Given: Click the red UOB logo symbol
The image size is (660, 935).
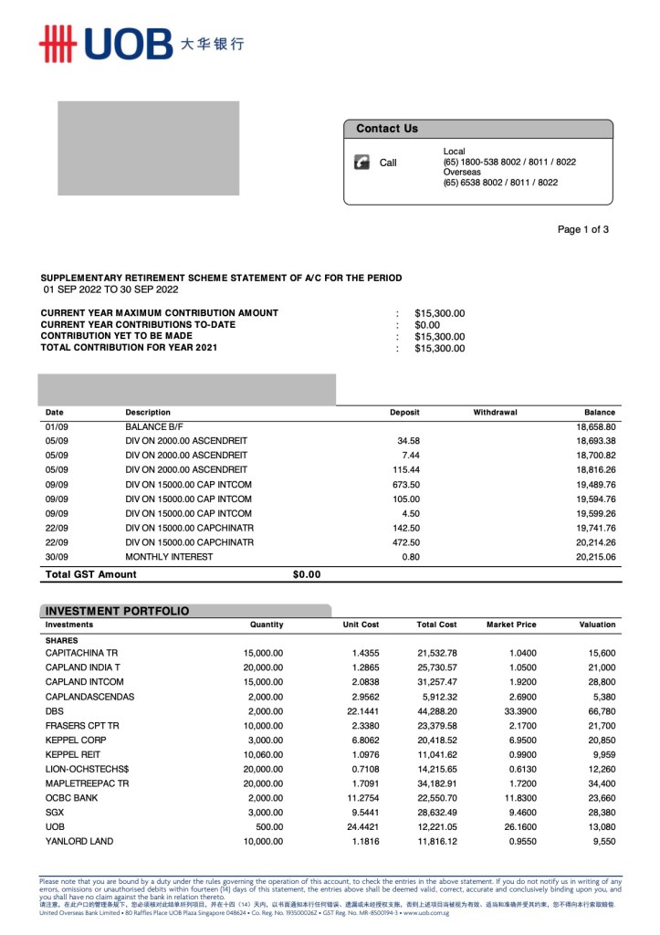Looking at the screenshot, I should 57,43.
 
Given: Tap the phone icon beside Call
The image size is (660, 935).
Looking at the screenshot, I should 361,163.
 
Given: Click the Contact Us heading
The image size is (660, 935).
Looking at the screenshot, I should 386,129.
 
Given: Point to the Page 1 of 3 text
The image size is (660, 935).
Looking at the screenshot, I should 582,229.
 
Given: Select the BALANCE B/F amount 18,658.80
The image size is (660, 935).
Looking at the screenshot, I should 596,426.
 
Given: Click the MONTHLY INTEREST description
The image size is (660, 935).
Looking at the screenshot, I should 169,557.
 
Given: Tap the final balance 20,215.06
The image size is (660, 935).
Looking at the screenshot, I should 596,557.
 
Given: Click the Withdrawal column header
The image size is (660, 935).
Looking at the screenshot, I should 495,413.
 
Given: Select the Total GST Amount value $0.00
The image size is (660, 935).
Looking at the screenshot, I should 307,574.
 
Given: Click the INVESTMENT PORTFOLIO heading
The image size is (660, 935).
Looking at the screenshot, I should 117,611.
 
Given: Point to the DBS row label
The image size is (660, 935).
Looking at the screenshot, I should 55,711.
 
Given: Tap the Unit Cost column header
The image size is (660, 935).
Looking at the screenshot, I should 361,625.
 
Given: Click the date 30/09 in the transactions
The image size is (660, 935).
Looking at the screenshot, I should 56,557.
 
